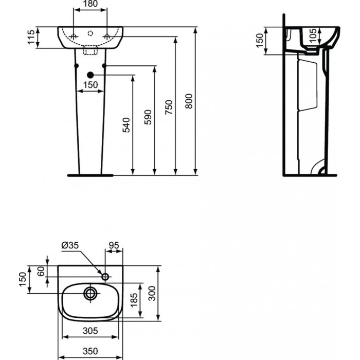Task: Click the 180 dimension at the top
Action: tap(90, 4)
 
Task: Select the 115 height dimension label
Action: tap(31, 37)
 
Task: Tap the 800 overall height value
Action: tap(189, 101)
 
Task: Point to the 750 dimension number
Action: tap(169, 107)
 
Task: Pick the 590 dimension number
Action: tap(148, 117)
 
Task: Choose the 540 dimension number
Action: tap(127, 125)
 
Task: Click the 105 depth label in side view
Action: tap(313, 35)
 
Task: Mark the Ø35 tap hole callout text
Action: tap(70, 245)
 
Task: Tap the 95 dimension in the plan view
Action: tap(114, 245)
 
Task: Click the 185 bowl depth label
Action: tap(134, 300)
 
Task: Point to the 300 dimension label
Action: tap(152, 293)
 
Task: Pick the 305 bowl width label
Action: tap(90, 331)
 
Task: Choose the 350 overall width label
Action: tap(90, 351)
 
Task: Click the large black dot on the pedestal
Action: tap(91, 75)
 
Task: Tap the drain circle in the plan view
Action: tap(90, 293)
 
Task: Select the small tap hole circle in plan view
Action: tap(105, 277)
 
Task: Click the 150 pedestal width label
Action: tap(91, 85)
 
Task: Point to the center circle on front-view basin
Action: tap(91, 33)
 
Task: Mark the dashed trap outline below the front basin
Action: tap(90, 50)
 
